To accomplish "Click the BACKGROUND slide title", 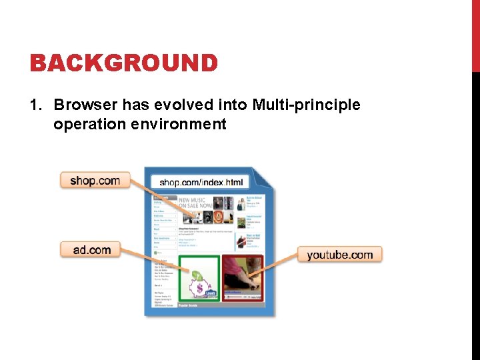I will click(x=123, y=63).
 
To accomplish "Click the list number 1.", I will click(x=36, y=105).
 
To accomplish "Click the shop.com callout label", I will click(x=95, y=180).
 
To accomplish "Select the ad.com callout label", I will click(x=92, y=250).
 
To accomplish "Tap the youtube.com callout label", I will click(x=339, y=255).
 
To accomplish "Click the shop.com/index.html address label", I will click(x=201, y=182).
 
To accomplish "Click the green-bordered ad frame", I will click(x=199, y=277).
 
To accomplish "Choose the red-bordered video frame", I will click(x=243, y=277).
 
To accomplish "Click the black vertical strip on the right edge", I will click(x=475, y=213).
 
